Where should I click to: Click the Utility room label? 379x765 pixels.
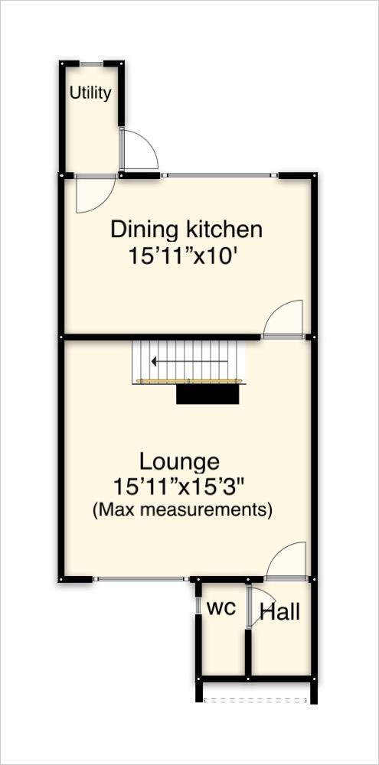90,93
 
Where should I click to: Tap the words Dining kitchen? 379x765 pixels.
187,229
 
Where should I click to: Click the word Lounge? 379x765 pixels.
179,461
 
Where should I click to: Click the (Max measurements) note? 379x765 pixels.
182,509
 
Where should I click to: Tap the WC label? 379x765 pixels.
221,609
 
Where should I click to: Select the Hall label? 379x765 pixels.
279,612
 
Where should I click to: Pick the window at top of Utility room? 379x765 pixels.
93,63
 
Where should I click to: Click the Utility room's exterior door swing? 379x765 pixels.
139,150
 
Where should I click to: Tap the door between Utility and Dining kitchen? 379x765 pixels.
95,191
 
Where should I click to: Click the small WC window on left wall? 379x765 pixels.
198,606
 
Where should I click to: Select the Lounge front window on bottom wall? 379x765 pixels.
140,579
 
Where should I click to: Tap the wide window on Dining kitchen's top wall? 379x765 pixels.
220,176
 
